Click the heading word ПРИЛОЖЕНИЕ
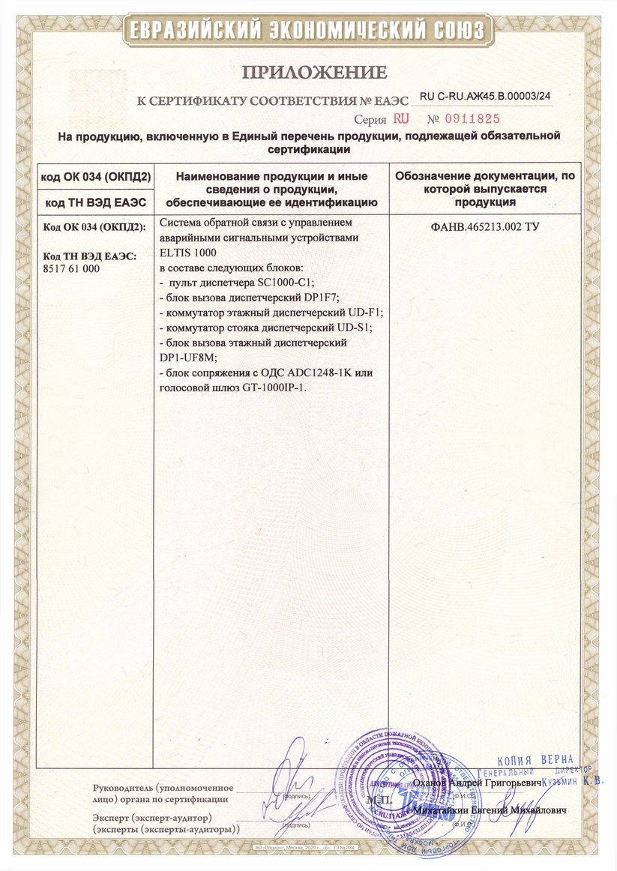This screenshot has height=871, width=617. pos(314,72)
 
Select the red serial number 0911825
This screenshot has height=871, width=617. pos(470,118)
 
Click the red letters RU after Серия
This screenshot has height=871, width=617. pos(401,118)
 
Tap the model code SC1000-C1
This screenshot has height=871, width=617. pos(289,283)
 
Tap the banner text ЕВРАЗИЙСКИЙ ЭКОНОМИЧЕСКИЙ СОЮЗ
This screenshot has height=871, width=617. pos(309,31)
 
